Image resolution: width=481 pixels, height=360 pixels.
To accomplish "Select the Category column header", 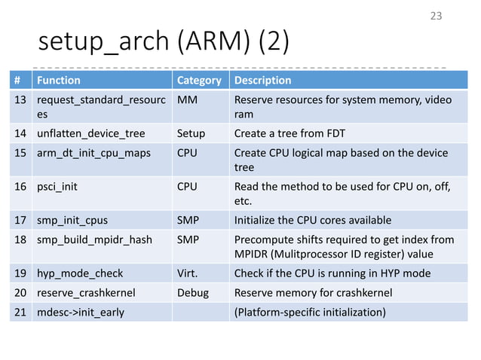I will [198, 81].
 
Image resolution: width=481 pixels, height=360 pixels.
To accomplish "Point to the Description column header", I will [263, 81].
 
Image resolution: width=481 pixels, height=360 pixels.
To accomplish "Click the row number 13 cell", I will [20, 100].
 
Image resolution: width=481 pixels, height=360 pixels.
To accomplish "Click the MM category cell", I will [185, 100].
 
